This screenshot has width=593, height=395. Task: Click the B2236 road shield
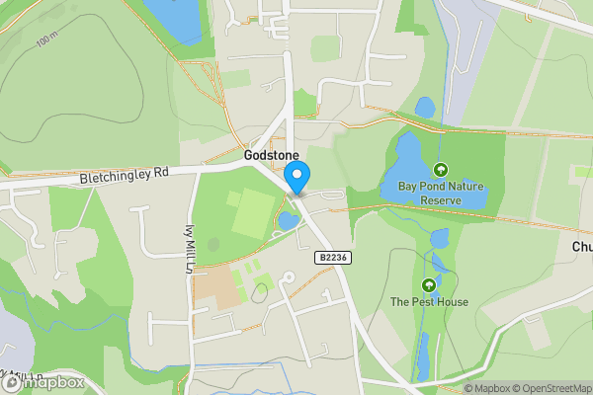[x=332, y=257]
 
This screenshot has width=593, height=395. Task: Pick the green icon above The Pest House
[x=428, y=285]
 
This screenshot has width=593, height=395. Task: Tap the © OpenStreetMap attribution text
[x=551, y=388]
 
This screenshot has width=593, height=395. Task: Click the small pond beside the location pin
[x=288, y=220]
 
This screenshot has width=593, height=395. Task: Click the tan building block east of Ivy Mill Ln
[x=216, y=288]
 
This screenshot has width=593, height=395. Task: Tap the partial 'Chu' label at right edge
[x=581, y=247]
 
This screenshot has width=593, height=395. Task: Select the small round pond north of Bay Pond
[x=425, y=106]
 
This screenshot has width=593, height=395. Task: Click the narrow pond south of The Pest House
[x=423, y=355]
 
